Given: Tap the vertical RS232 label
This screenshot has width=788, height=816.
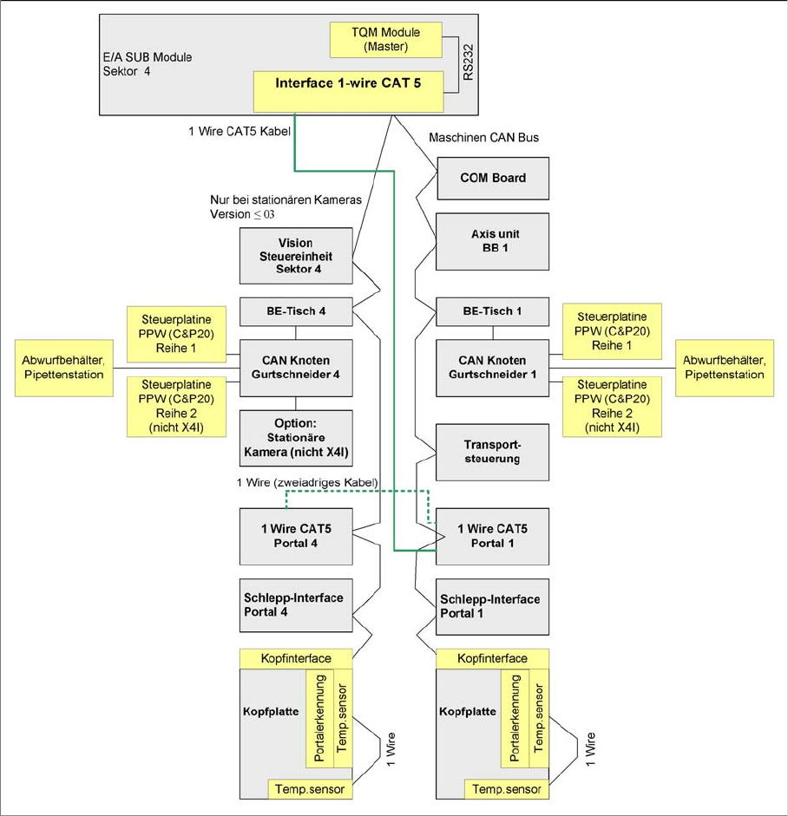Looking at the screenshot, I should (469, 64).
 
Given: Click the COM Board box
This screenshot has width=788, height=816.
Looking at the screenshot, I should (493, 178).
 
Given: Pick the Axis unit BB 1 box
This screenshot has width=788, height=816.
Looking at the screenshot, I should (493, 242).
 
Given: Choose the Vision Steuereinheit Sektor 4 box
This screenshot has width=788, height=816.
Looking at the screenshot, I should (295, 255).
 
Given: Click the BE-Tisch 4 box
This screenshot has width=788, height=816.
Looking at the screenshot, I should (295, 310).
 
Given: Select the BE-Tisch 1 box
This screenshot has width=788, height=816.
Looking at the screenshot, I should (493, 310).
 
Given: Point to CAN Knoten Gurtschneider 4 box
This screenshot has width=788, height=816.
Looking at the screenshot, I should (295, 367).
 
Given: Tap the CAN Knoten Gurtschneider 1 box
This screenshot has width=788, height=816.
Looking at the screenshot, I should (493, 367).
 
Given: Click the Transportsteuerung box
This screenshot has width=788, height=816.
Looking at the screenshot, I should (493, 451).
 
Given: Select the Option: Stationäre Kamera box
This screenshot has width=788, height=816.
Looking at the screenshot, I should (295, 437).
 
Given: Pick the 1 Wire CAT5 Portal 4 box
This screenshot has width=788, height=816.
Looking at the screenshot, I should (295, 536).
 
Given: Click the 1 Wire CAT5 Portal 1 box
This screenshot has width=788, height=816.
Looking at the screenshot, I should (493, 536).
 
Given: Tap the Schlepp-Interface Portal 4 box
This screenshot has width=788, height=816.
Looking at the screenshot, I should (295, 605).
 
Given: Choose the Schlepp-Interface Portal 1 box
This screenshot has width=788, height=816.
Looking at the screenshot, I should (493, 605).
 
